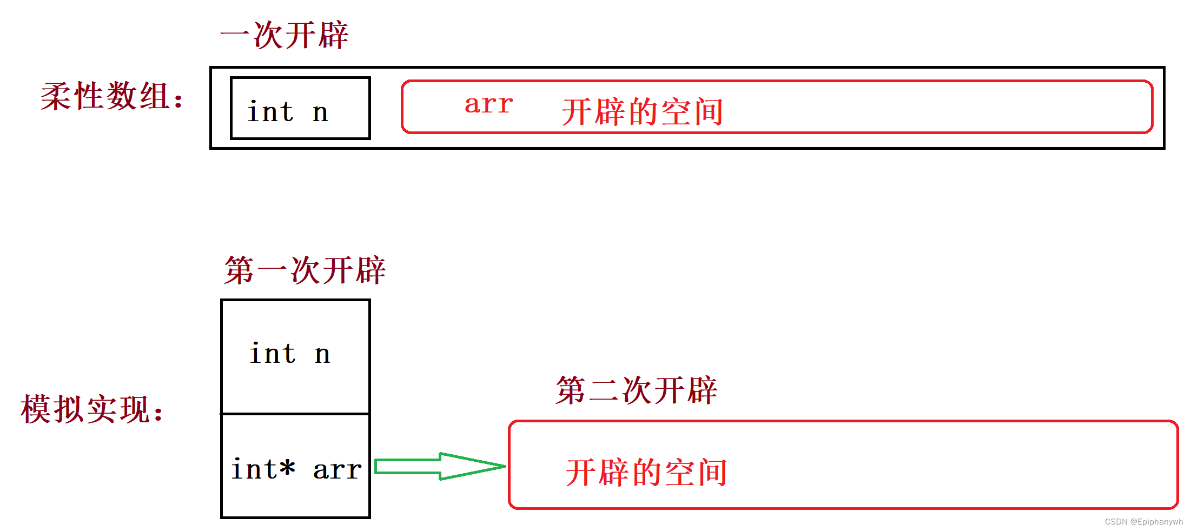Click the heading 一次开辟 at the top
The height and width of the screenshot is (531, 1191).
click(284, 36)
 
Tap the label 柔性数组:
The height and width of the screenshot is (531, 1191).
click(112, 97)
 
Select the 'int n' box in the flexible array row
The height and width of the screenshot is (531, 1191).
click(300, 108)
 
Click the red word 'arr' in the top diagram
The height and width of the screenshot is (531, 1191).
click(488, 104)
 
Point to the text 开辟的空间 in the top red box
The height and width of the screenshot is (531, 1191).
click(643, 112)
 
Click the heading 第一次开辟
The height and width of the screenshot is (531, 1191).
click(305, 270)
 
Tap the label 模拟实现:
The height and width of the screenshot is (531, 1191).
click(92, 409)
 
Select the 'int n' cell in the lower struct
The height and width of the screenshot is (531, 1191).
click(295, 356)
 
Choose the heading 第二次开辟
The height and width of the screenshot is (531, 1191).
click(636, 390)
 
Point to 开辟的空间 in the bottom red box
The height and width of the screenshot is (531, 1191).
click(646, 473)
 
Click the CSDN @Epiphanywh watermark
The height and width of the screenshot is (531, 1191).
click(1143, 522)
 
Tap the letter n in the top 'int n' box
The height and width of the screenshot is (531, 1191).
click(320, 112)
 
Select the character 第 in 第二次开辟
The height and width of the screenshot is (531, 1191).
click(571, 390)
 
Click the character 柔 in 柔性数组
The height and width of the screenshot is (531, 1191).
click(56, 97)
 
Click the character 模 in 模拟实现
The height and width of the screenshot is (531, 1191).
click(36, 409)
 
